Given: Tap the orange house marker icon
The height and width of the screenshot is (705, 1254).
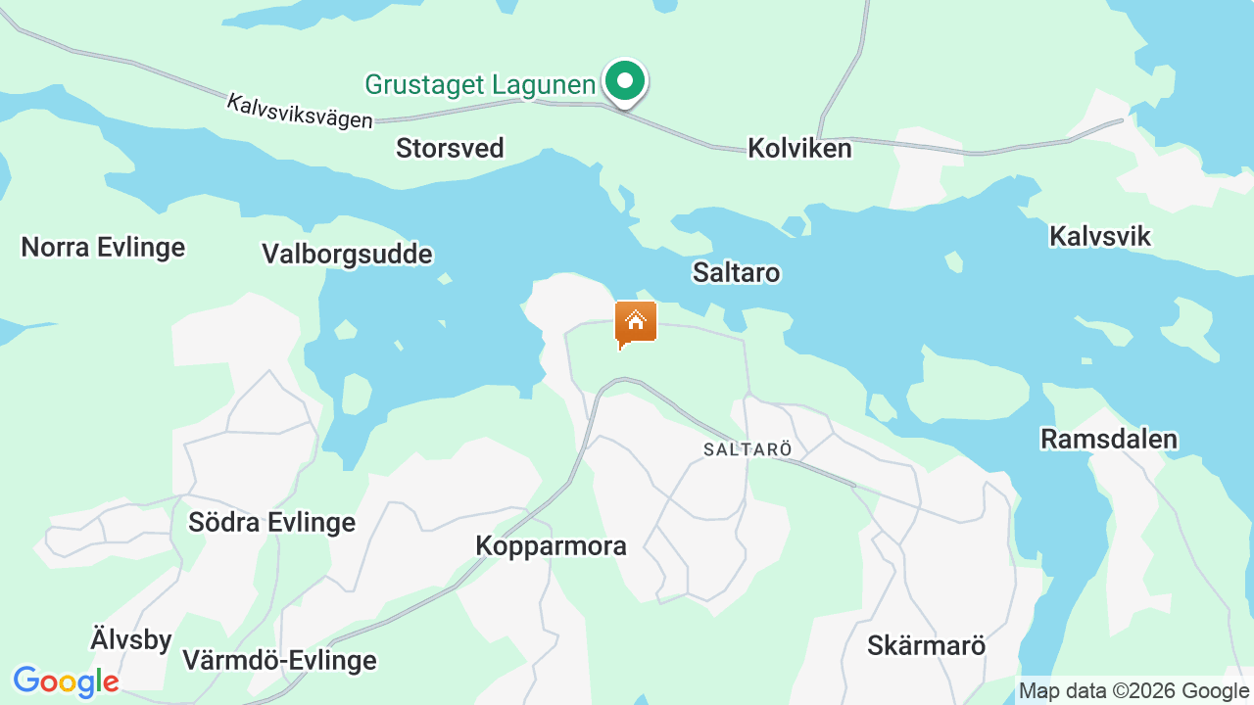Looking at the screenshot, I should tap(636, 323).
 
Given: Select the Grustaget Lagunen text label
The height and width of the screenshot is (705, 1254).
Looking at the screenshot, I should tap(480, 84).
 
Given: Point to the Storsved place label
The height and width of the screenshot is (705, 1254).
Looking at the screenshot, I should tap(450, 148).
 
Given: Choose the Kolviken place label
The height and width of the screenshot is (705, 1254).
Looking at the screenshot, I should tap(799, 148).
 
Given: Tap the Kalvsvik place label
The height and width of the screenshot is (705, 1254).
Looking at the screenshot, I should tap(1099, 236).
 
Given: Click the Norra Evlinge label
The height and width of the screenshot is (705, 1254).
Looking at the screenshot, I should tap(103, 247).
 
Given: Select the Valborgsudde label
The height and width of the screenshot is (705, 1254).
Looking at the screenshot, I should tap(347, 255).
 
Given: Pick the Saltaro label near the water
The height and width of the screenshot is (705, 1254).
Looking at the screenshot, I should tap(736, 272).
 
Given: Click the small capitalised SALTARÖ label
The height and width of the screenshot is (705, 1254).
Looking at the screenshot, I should tap(748, 449).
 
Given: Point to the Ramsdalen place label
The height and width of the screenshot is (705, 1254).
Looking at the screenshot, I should tap(1109, 439).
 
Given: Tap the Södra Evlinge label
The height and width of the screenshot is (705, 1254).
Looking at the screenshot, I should tap(271, 522).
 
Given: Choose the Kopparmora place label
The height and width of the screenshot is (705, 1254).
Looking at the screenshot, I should tap(551, 545).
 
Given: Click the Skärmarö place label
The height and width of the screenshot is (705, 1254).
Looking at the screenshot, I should tap(926, 646).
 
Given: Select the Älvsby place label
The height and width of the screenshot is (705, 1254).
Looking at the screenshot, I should tap(131, 640).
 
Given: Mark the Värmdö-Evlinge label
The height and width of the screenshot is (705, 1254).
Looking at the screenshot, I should tap(279, 661).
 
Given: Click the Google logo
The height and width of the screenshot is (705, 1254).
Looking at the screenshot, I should tap(66, 681).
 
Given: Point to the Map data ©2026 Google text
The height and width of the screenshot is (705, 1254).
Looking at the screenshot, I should tap(1133, 691).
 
